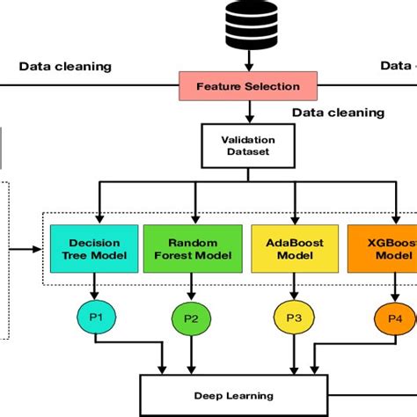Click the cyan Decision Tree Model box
(x=93, y=248)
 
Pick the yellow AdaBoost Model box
(x=289, y=248)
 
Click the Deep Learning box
(x=233, y=397)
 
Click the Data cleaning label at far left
(x=65, y=66)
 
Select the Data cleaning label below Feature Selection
(x=338, y=113)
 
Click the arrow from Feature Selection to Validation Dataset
(x=248, y=112)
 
